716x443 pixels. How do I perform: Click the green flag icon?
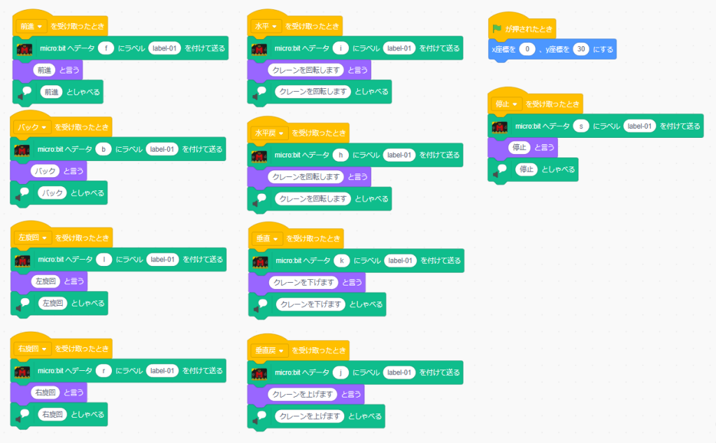[x=497, y=29]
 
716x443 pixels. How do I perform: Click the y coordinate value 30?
[x=580, y=50]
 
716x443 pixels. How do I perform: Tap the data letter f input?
[x=106, y=48]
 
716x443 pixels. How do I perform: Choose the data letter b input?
[x=104, y=149]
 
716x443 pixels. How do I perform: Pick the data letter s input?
[x=581, y=126]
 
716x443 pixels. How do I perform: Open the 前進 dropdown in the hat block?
[x=31, y=26]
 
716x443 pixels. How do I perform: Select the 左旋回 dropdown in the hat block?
[x=33, y=237]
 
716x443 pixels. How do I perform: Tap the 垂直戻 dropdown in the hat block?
[x=271, y=350]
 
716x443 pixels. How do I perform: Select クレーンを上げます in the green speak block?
[x=310, y=416]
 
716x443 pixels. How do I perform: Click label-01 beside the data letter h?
[x=400, y=155]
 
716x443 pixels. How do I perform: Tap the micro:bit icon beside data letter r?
[x=23, y=372]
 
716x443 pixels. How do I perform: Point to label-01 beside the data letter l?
[x=163, y=260]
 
